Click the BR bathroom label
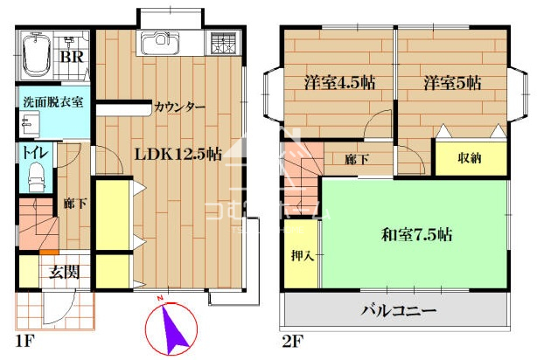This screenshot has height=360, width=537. [x=72, y=57]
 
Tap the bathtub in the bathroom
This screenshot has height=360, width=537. [x=36, y=54]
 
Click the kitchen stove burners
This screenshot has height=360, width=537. [x=224, y=43]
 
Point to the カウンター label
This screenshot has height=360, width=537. [x=180, y=107]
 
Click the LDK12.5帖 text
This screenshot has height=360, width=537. [x=178, y=154]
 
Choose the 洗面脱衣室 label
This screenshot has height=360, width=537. [x=53, y=102]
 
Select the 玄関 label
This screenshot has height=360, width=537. [x=65, y=273]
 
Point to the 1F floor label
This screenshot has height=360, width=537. [x=25, y=341]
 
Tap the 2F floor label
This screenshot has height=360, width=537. [x=293, y=341]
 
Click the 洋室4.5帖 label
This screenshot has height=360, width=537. [x=339, y=83]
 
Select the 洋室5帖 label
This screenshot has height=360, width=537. [x=452, y=83]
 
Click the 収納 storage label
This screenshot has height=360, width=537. [x=470, y=158]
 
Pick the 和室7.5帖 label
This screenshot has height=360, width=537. [x=416, y=235]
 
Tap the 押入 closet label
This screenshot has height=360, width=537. [x=303, y=256]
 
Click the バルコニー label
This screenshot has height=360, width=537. [x=399, y=311]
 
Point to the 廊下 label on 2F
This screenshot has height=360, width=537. [x=357, y=159]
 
